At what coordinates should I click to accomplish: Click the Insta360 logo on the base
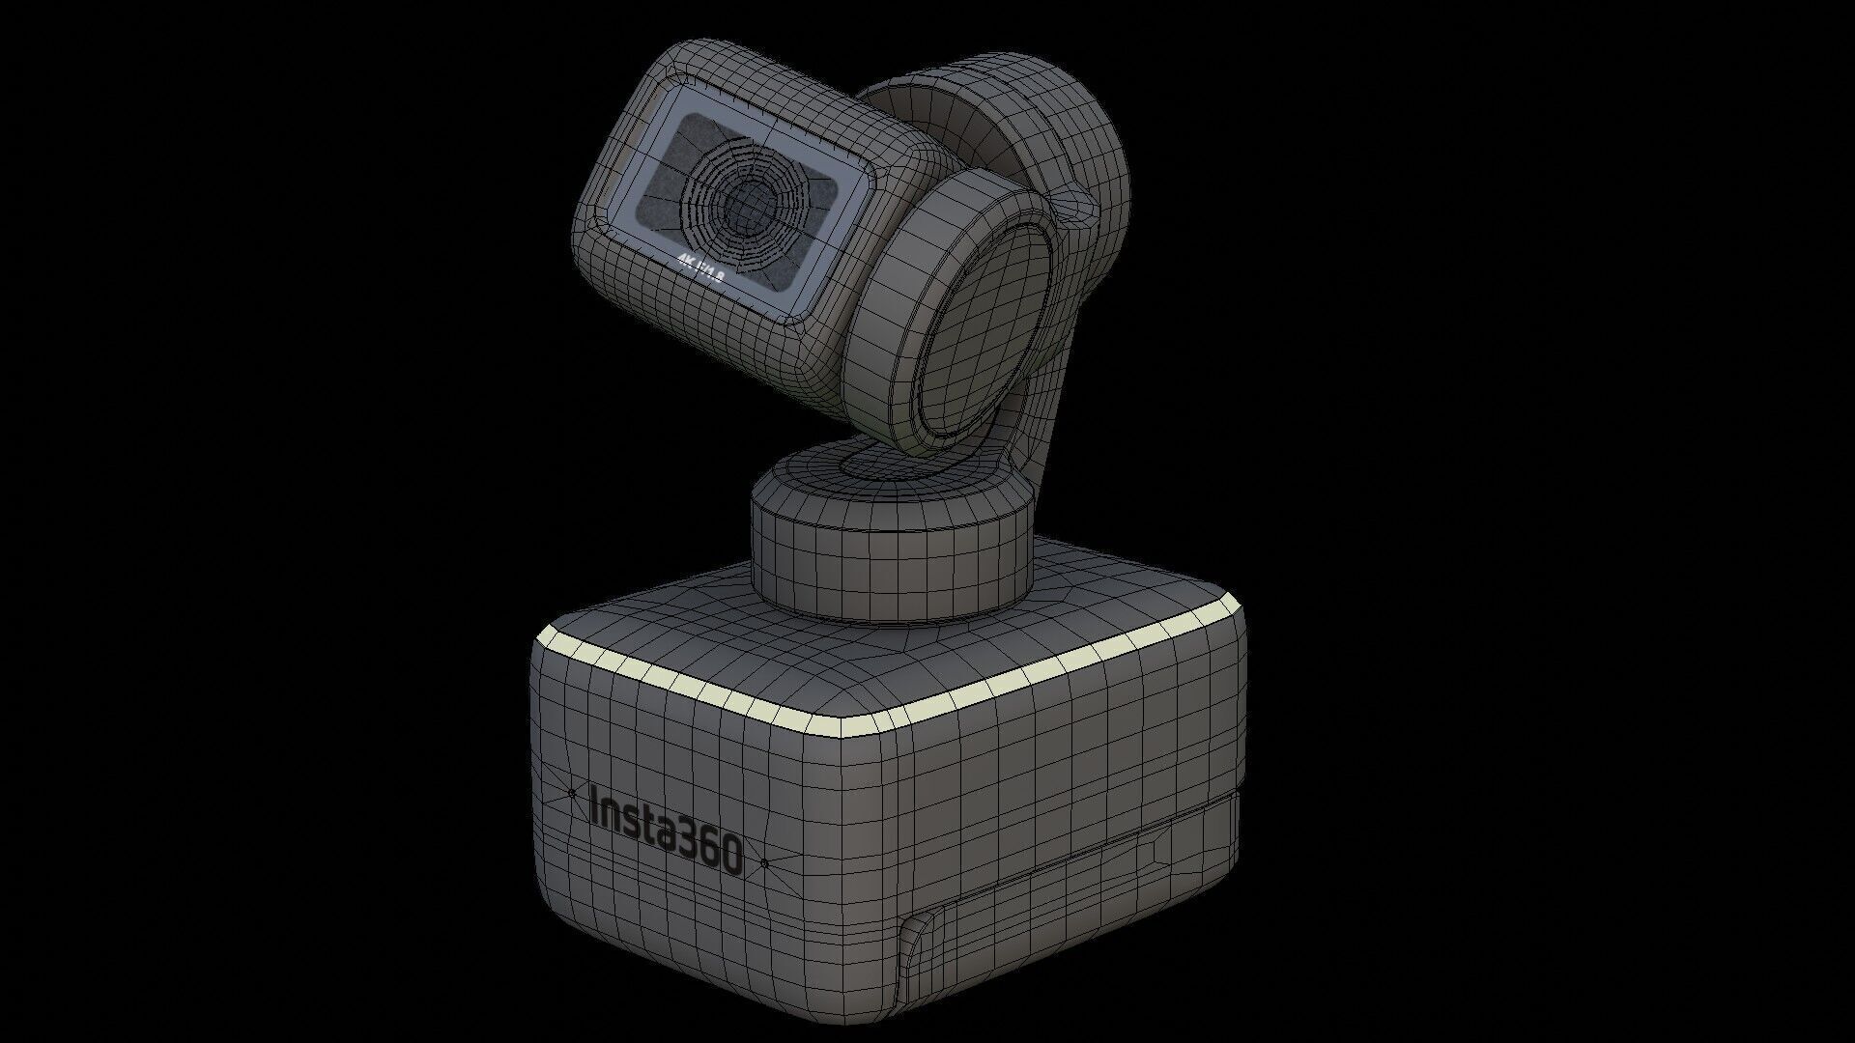pyautogui.click(x=666, y=832)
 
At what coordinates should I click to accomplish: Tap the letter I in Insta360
pyautogui.click(x=594, y=806)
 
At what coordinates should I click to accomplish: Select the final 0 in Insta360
pyautogui.click(x=731, y=856)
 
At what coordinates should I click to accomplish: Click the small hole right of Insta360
pyautogui.click(x=764, y=862)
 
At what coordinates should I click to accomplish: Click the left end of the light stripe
pyautogui.click(x=541, y=636)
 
